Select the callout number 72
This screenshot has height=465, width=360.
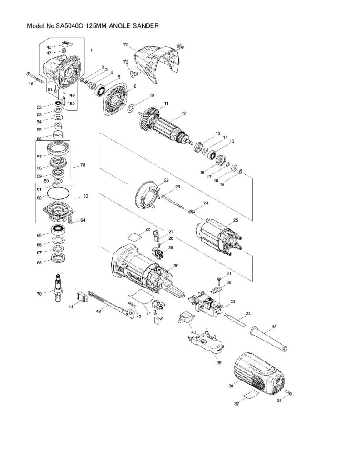click(x=126, y=45)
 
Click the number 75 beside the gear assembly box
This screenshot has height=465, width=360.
click(x=83, y=165)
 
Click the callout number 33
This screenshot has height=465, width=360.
click(x=233, y=301)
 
